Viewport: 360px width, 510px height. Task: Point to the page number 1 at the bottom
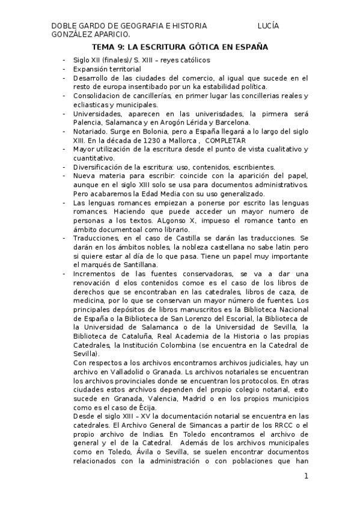click(x=306, y=476)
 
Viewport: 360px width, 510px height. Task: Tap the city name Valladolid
click(x=129, y=372)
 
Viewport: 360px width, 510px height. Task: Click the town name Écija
click(x=144, y=408)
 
